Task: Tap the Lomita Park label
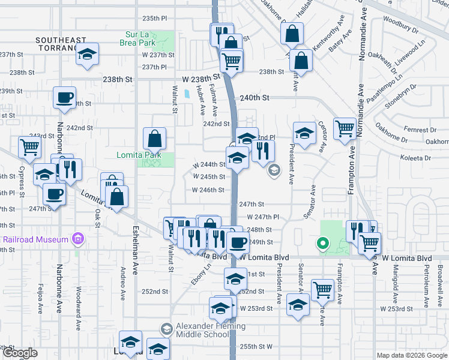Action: point(139,155)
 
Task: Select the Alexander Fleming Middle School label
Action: point(203,330)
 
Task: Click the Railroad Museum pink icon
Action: point(77,239)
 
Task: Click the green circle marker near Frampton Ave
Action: point(322,243)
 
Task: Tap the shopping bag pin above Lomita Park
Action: point(155,139)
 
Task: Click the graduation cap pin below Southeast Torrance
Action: point(88,55)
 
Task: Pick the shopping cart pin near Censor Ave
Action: point(345,128)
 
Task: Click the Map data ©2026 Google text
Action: point(412,355)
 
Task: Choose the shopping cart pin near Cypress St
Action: point(29,147)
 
